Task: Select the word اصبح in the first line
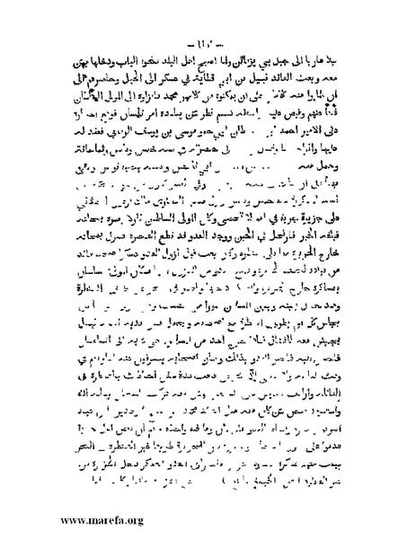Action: pyautogui.click(x=194, y=45)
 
